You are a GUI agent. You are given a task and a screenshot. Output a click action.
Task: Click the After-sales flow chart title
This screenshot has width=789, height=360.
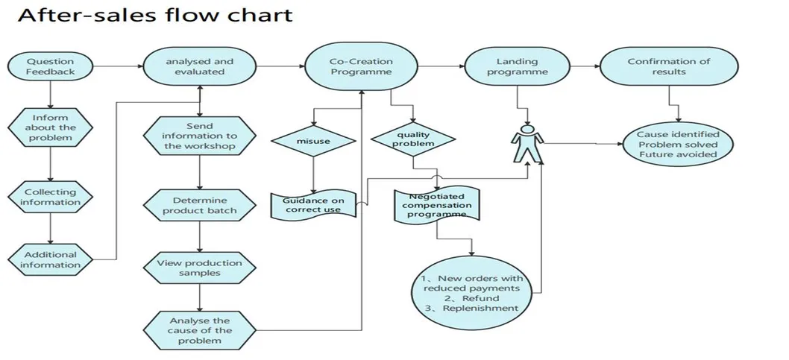[155, 14]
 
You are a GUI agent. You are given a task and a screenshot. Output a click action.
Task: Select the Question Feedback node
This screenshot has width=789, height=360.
[51, 66]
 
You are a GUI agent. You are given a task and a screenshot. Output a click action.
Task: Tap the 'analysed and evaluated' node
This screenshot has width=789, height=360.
[199, 66]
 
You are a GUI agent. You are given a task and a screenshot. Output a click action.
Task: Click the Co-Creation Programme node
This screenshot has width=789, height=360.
[361, 66]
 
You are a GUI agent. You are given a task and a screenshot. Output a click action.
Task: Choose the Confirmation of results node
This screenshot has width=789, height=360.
[668, 66]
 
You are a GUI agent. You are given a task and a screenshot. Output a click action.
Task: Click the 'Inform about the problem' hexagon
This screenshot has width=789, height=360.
[51, 127]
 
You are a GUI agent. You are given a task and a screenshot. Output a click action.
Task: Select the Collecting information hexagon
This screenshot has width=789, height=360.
[51, 197]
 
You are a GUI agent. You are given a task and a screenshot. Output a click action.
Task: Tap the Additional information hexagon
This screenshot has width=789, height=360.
[51, 259]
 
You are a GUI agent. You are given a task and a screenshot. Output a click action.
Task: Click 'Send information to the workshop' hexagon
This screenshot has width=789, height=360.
[199, 136]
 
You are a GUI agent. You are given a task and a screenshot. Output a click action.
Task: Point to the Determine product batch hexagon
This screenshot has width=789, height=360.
[199, 205]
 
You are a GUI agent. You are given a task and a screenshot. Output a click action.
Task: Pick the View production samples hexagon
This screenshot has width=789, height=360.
[199, 268]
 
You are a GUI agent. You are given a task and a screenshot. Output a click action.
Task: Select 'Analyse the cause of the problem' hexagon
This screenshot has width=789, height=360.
[199, 329]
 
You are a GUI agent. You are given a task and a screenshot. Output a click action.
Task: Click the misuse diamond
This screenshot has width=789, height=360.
[312, 140]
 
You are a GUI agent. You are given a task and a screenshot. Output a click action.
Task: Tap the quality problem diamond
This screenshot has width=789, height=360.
[412, 139]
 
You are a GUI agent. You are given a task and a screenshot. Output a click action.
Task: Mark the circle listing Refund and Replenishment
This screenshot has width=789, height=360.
[471, 293]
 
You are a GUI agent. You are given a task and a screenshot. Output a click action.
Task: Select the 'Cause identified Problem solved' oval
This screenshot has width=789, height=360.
[677, 144]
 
